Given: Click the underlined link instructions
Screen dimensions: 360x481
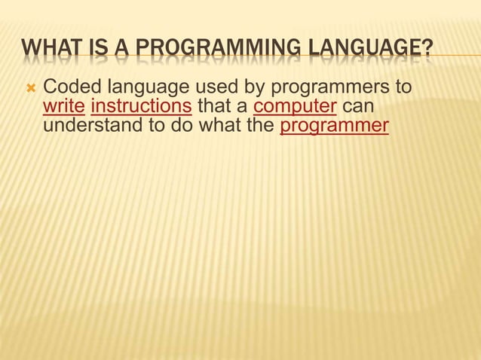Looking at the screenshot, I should click(x=140, y=107).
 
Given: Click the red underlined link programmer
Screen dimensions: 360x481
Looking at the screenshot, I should click(x=334, y=125).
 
